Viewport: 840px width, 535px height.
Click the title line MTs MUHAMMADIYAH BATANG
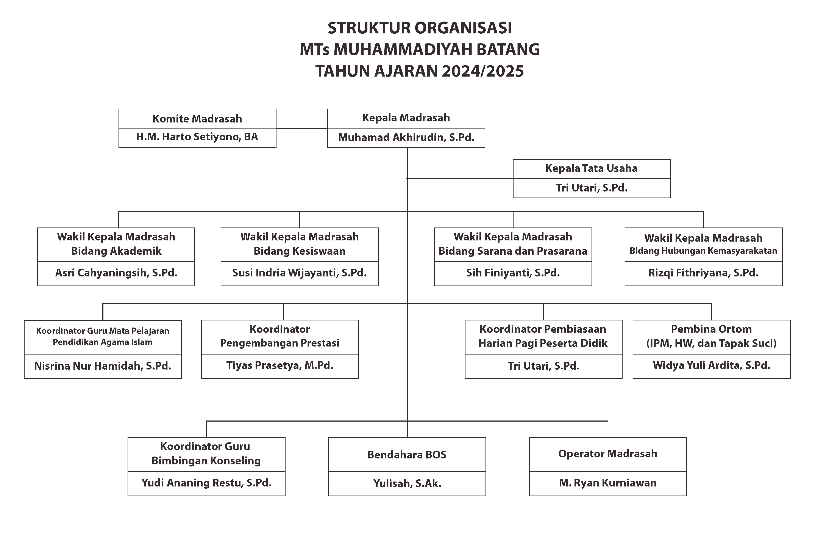click(x=420, y=49)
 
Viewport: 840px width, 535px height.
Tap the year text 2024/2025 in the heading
click(x=482, y=71)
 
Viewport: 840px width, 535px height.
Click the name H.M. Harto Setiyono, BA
click(x=197, y=136)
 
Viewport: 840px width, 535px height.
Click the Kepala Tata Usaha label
click(x=591, y=168)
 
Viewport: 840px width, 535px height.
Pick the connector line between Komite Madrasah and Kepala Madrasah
click(x=302, y=128)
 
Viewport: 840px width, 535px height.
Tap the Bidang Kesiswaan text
click(x=299, y=251)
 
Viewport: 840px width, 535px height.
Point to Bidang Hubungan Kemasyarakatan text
click(x=703, y=251)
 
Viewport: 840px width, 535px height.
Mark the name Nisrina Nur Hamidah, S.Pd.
click(x=103, y=366)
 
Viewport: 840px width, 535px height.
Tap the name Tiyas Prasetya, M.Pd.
click(x=280, y=365)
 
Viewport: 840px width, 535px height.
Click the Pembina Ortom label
click(x=711, y=329)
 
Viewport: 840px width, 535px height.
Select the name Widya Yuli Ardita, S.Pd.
click(x=711, y=365)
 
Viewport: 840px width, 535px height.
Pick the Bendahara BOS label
click(x=407, y=455)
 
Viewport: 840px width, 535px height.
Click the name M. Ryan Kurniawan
click(x=608, y=483)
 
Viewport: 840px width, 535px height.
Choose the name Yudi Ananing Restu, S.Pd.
click(x=206, y=483)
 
